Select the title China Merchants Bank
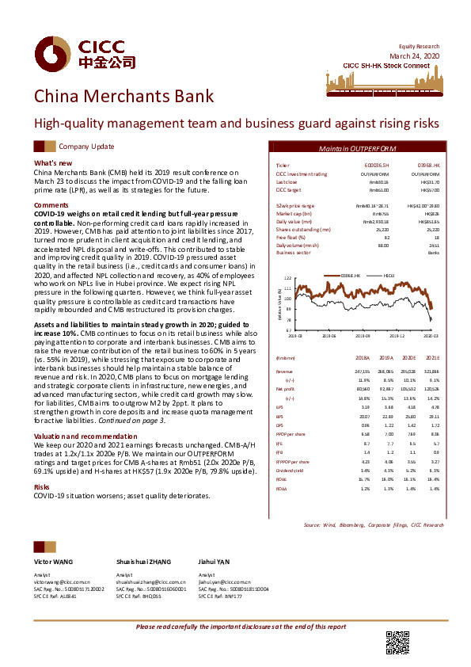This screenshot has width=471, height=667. (123, 97)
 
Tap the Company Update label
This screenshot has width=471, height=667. (86, 147)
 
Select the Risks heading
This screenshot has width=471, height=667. (43, 487)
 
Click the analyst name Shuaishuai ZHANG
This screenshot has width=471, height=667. (142, 559)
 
